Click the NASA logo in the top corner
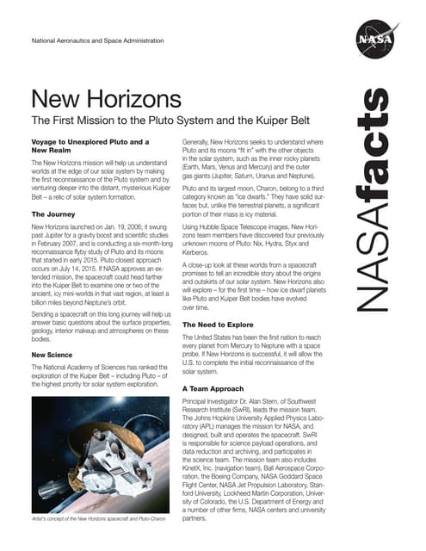point(372,40)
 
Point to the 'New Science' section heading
point(53,354)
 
